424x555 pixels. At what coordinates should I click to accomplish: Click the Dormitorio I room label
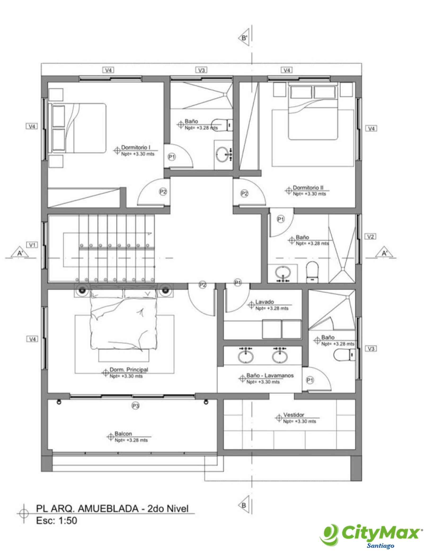[136, 147]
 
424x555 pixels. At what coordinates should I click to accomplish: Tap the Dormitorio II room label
[308, 188]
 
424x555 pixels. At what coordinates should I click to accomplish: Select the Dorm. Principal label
[129, 370]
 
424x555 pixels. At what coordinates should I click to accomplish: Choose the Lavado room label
[264, 302]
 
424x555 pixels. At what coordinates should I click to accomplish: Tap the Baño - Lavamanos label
[270, 375]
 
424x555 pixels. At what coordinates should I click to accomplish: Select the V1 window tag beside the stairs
[32, 245]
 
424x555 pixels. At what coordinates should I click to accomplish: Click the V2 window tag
[370, 236]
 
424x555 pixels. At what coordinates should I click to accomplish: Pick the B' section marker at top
[244, 38]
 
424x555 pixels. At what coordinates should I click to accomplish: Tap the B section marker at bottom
[244, 505]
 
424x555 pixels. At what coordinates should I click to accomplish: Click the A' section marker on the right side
[385, 253]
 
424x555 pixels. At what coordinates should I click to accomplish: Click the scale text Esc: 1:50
[56, 520]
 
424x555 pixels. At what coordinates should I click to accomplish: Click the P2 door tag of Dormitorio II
[244, 194]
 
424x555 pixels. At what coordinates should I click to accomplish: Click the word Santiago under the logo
[380, 545]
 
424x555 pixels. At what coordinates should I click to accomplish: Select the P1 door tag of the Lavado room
[238, 283]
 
